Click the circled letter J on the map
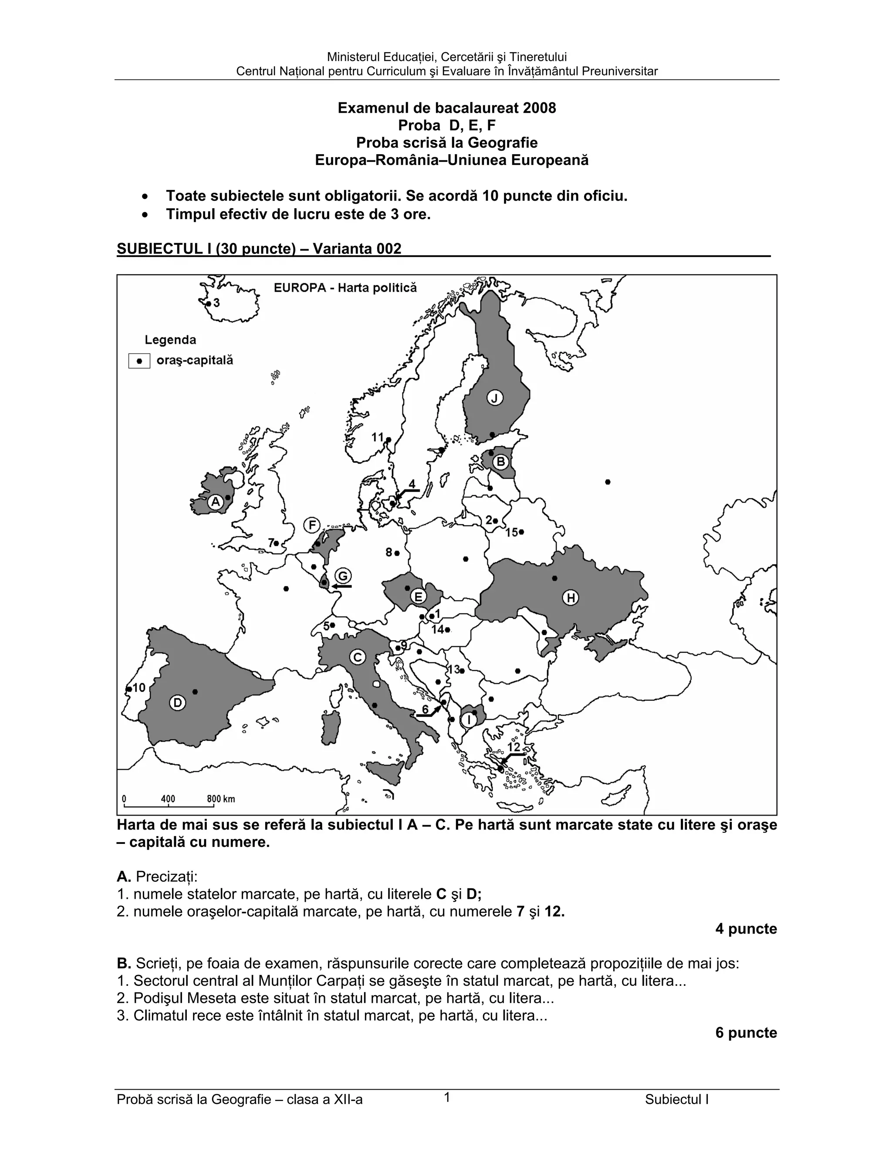495,398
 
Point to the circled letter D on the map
178,703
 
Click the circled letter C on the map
358,657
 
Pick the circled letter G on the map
344,576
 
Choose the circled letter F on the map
312,525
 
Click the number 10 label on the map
139,688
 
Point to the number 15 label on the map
511,532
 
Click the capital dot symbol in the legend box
139,361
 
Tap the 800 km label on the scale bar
221,799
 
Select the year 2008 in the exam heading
539,108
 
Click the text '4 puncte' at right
746,929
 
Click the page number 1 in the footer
446,1098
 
